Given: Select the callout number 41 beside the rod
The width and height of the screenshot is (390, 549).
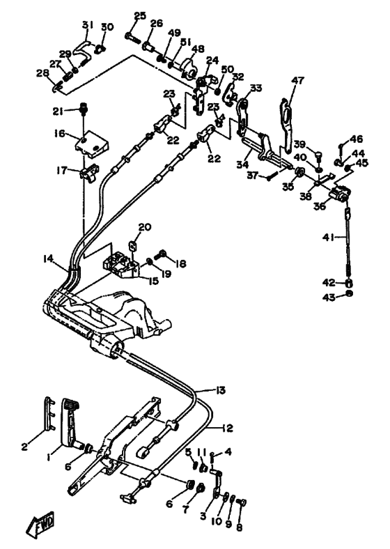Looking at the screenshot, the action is (328, 238).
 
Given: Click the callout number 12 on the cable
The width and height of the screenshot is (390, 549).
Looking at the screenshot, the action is (227, 428).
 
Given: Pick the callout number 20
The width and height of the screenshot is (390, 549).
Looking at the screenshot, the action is (145, 227).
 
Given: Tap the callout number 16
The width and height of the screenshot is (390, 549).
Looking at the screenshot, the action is (59, 133).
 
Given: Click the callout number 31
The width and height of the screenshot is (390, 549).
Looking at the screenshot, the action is (88, 25).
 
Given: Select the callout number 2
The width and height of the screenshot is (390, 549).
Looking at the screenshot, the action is (24, 447).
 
